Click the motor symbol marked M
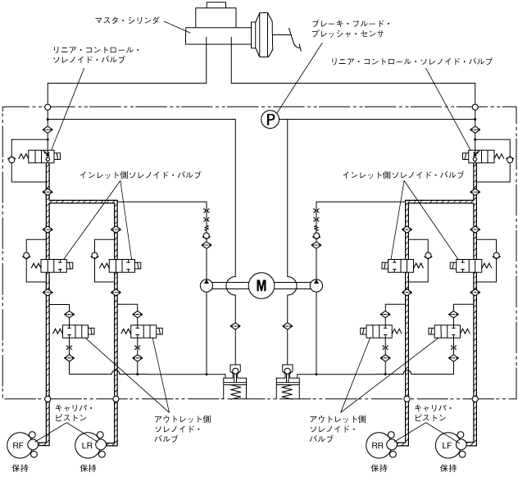coord(261,285)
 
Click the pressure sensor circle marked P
coord(270,119)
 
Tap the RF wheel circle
coord(17,445)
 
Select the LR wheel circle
coord(86,445)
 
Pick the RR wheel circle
coord(377,445)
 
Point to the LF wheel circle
coord(447,445)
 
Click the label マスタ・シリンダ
coord(127,20)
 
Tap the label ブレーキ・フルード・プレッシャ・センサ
coord(351,29)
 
